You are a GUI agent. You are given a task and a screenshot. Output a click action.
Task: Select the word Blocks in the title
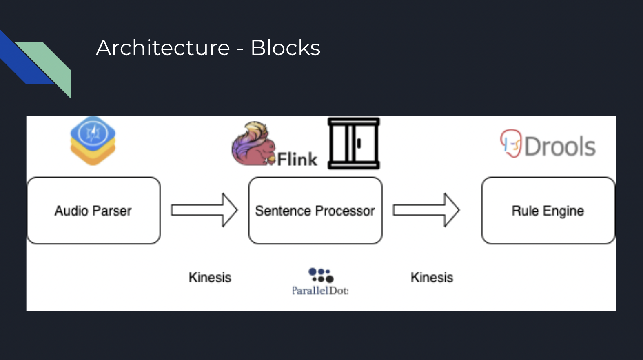[x=285, y=48]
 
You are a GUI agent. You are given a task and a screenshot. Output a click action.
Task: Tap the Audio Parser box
[x=93, y=211]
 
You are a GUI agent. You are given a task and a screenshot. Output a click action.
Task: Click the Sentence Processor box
[x=315, y=211]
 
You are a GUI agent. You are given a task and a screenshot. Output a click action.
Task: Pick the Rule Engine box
[x=548, y=211]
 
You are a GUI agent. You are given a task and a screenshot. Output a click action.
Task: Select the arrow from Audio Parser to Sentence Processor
[x=204, y=210]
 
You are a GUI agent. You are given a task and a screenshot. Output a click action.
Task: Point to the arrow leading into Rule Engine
[x=426, y=210]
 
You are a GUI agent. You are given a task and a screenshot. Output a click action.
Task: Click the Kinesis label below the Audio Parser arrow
[x=210, y=278]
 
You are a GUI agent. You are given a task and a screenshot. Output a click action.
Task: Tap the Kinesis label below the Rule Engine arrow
[x=432, y=278]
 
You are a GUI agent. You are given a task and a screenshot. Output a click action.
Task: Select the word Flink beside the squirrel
[x=297, y=160]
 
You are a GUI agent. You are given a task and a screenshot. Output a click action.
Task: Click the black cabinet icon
[x=354, y=143]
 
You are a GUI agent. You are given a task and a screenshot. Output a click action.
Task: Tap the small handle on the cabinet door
[x=359, y=143]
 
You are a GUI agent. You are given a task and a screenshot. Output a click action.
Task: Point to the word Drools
[x=560, y=146]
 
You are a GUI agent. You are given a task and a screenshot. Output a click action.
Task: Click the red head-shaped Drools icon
[x=511, y=143]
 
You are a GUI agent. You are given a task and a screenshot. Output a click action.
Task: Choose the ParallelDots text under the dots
[x=320, y=291]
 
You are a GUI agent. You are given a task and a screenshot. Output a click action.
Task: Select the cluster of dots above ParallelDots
[x=321, y=275]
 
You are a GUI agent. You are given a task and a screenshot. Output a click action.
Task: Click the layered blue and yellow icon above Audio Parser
[x=93, y=140]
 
